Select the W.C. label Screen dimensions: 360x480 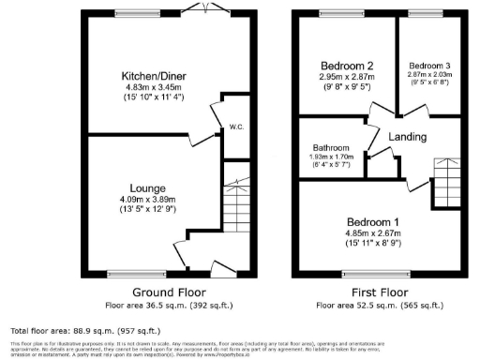coord(236,127)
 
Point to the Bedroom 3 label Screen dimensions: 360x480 coord(430,64)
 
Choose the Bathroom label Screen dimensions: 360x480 coord(331,148)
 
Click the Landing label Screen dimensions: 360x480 coord(409,137)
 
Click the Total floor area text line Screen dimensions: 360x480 coord(70,331)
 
